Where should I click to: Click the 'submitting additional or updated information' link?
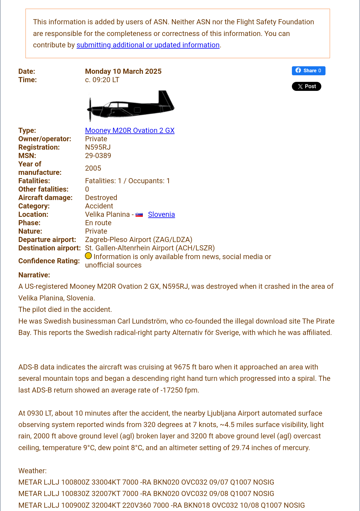[x=148, y=45]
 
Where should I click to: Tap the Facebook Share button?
[x=308, y=71]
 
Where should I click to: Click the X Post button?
[x=306, y=86]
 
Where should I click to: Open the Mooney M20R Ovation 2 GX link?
[x=130, y=130]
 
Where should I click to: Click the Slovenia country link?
[x=161, y=214]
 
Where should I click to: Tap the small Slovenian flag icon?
[x=139, y=215]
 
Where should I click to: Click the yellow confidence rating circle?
[x=88, y=256]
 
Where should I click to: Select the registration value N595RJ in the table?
[x=98, y=147]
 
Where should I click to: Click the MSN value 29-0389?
[x=98, y=156]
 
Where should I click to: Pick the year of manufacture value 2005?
[x=93, y=168]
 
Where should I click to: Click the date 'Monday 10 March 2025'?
[x=123, y=71]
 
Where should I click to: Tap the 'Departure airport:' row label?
[x=47, y=240]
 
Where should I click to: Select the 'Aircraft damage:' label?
[x=45, y=198]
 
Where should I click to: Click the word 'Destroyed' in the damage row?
[x=101, y=198]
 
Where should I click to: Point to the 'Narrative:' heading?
[x=34, y=275]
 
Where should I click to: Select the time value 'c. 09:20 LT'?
[x=102, y=80]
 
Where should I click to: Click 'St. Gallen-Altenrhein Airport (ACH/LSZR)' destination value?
[x=150, y=248]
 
